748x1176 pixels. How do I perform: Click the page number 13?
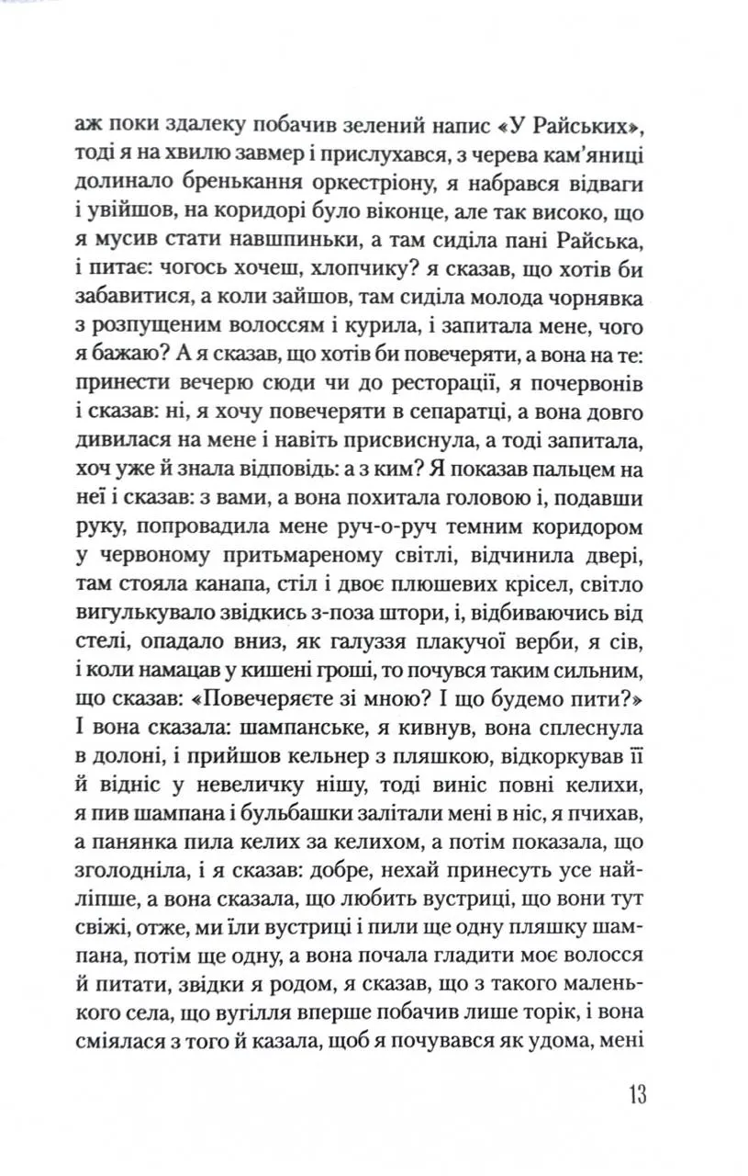click(638, 1095)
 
